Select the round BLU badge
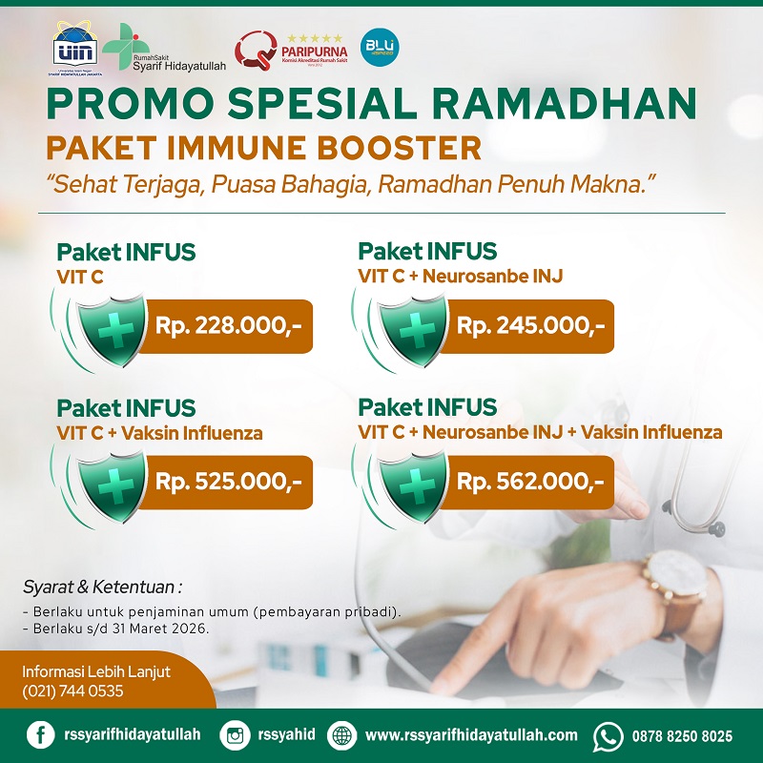381,46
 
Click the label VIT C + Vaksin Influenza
160,433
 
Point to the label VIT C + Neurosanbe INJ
461,277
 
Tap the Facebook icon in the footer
40,735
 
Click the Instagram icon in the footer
235,735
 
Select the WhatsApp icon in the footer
608,735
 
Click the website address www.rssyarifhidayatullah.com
471,735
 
